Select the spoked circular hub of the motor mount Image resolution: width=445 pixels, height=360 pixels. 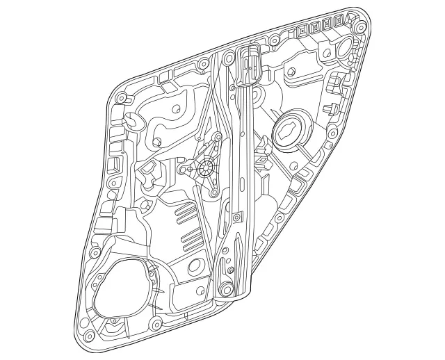pos(207,167)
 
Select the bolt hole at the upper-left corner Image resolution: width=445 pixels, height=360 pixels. pos(121,96)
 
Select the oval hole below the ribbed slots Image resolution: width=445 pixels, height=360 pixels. pos(196,264)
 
